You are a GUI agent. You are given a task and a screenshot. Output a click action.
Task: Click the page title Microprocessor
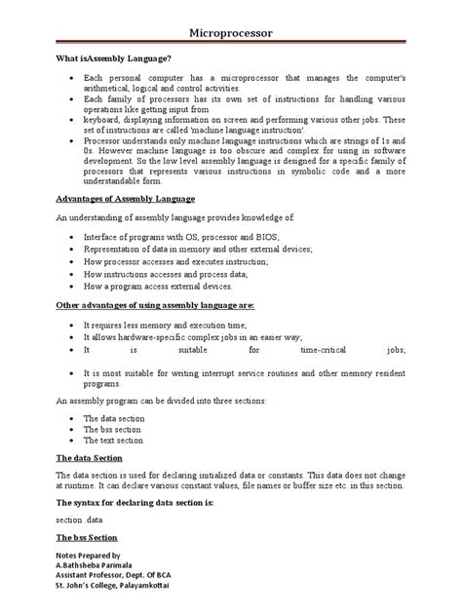click(230, 33)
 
